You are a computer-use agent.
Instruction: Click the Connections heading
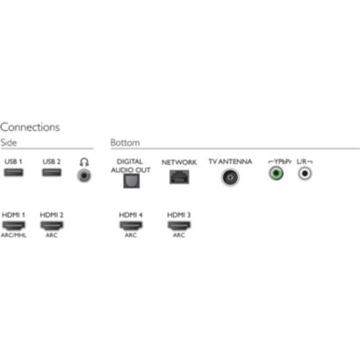(30, 127)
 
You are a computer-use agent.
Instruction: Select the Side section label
(9, 142)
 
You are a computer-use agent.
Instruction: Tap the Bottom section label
(126, 142)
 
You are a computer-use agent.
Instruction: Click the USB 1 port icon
(13, 172)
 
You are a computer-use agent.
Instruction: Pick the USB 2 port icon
(52, 172)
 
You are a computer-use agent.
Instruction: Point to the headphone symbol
(84, 162)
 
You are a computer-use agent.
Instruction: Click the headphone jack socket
(84, 176)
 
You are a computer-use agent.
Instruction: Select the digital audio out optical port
(132, 181)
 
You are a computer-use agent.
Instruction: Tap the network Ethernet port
(179, 177)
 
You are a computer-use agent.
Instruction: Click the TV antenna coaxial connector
(230, 177)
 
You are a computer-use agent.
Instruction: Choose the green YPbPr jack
(276, 173)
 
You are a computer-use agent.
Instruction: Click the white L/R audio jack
(305, 173)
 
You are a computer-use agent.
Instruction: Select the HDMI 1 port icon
(13, 226)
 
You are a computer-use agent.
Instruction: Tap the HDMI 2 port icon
(52, 226)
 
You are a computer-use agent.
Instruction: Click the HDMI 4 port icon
(131, 226)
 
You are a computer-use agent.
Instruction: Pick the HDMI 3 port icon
(179, 226)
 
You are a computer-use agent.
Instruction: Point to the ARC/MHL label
(13, 235)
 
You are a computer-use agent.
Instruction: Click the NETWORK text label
(179, 162)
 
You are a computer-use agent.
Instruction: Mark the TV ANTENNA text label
(230, 162)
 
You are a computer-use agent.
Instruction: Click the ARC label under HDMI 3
(179, 235)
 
